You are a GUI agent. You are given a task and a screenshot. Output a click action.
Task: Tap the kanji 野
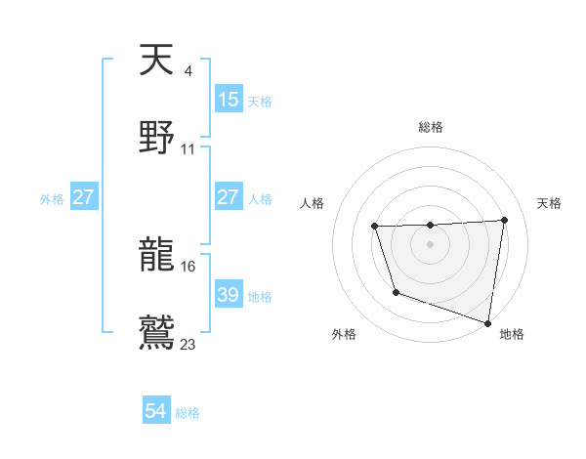pos(156,139)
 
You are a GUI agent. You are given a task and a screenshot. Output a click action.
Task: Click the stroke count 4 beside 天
pos(188,70)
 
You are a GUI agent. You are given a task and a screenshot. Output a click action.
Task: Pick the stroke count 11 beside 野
pos(188,149)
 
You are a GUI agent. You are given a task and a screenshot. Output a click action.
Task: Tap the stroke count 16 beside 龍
pos(188,266)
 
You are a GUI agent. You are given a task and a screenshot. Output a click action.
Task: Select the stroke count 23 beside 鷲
pos(188,343)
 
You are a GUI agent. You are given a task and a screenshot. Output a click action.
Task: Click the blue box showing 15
pos(229,100)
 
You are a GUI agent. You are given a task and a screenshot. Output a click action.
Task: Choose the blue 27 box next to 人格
pos(229,197)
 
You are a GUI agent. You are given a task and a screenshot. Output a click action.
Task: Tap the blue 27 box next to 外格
pos(83,197)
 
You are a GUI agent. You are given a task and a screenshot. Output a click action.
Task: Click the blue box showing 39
pos(229,295)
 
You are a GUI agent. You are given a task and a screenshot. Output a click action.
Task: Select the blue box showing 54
pos(156,412)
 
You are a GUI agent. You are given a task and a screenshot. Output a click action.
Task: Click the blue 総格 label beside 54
pos(188,413)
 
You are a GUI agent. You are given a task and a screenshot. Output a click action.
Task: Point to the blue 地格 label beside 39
pos(260,296)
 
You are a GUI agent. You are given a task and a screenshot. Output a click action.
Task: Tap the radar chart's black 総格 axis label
pos(430,127)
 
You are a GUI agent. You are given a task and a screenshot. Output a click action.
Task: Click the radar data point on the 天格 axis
pos(504,221)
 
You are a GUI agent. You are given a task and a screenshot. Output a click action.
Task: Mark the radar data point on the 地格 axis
pos(487,321)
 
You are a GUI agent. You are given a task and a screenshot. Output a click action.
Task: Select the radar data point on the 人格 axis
pos(375,227)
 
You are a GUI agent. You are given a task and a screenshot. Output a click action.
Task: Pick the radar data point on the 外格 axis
pos(396,292)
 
